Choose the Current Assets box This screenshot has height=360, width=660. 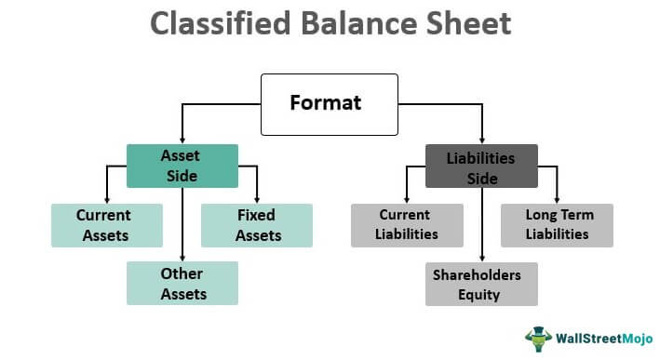pyautogui.click(x=106, y=225)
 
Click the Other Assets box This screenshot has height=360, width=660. pyautogui.click(x=182, y=284)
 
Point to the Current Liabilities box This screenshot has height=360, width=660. pyautogui.click(x=406, y=225)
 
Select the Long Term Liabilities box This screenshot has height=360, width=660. pyautogui.click(x=557, y=225)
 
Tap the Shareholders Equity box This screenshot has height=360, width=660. pyautogui.click(x=481, y=284)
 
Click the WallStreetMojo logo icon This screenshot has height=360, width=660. pyautogui.click(x=537, y=336)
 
